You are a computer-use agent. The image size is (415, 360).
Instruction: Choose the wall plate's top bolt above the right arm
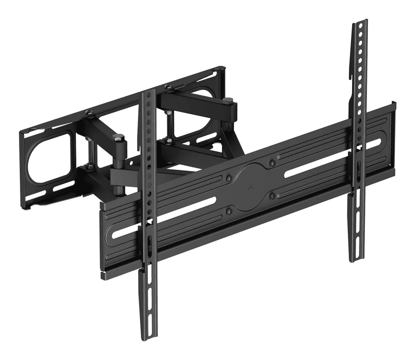point(167,86)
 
